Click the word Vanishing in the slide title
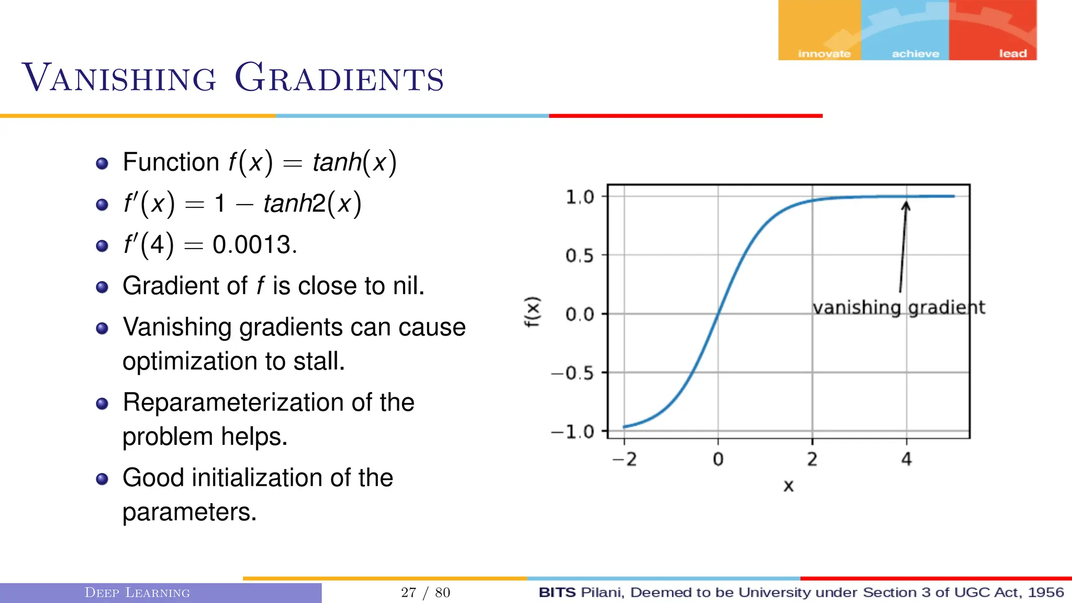[119, 79]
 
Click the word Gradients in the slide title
[339, 79]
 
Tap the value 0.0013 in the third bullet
[252, 245]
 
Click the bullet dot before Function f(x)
[102, 163]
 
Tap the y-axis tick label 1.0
[579, 197]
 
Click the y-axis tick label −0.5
[573, 373]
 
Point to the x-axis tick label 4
[907, 460]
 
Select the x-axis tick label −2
[624, 460]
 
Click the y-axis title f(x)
[532, 312]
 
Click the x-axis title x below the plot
[788, 486]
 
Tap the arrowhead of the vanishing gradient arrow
[906, 205]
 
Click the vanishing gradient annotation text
[898, 307]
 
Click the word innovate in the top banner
[824, 53]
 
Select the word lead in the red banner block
[1012, 53]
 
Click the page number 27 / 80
[426, 593]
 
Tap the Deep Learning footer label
[137, 593]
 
